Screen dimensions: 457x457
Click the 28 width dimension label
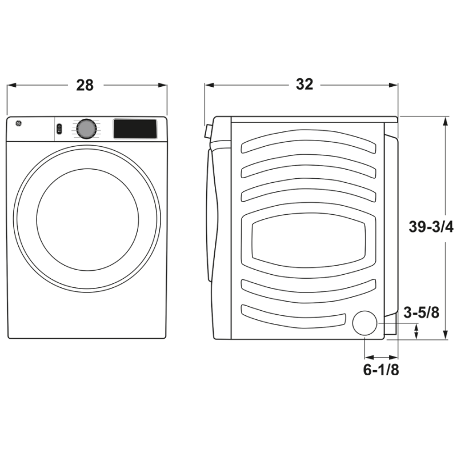click(x=85, y=85)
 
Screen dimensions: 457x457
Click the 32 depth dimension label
click(x=304, y=85)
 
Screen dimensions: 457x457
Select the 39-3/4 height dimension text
click(x=431, y=227)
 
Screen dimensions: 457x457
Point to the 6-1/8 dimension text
click(x=381, y=370)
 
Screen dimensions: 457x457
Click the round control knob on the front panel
click(x=86, y=129)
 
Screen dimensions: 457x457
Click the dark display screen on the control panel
click(x=135, y=128)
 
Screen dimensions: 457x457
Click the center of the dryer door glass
click(x=87, y=219)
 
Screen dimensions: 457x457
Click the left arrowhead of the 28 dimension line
click(x=10, y=85)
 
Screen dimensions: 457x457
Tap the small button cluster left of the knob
click(x=59, y=129)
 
